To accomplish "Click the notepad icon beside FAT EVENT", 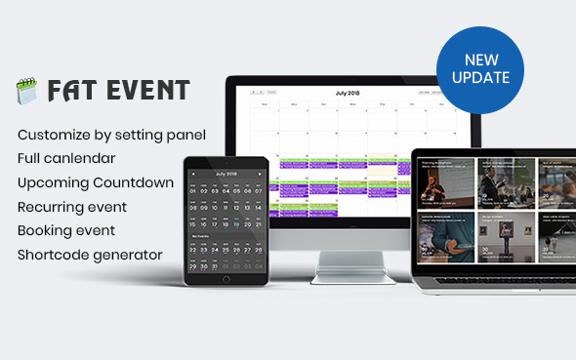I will tap(24, 92).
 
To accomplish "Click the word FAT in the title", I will tap(67, 91).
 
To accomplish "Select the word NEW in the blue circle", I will tap(480, 60).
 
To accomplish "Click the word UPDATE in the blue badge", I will tap(480, 77).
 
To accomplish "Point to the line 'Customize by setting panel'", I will tap(111, 134).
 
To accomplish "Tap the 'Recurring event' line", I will tap(72, 207).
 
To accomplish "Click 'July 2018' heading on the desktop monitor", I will tap(349, 93).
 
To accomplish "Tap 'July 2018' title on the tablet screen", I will tap(226, 174).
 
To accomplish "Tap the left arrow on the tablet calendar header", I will tap(193, 174).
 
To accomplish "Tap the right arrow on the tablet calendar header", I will tap(260, 174).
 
